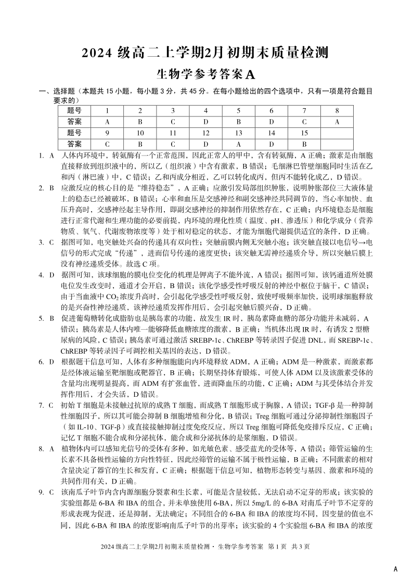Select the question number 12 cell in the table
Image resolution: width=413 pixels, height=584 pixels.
click(205, 133)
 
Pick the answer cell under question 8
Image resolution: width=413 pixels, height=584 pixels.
click(337, 122)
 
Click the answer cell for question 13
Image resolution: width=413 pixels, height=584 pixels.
click(238, 144)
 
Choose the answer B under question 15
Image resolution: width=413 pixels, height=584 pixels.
click(304, 144)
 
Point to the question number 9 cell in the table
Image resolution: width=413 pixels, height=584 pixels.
click(107, 133)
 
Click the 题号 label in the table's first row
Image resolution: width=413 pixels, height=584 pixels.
click(74, 110)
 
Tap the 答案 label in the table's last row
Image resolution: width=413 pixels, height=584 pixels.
click(74, 144)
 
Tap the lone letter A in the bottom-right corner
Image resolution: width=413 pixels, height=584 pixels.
click(396, 569)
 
